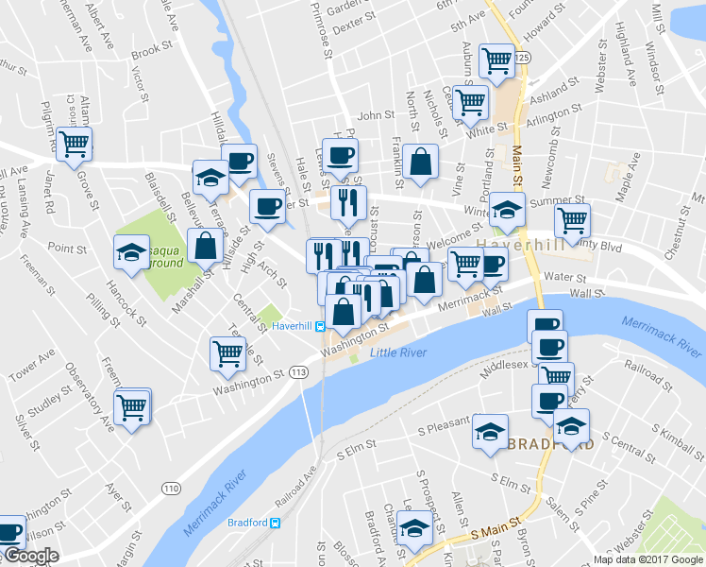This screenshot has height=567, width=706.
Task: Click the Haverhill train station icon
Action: pyautogui.click(x=321, y=326)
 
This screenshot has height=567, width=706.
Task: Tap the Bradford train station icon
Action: pyautogui.click(x=276, y=523)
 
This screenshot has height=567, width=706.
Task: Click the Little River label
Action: pyautogui.click(x=398, y=353)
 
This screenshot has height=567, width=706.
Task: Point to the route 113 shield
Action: pyautogui.click(x=299, y=373)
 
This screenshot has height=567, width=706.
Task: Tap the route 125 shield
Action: pyautogui.click(x=523, y=59)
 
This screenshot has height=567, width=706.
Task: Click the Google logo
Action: pyautogui.click(x=30, y=556)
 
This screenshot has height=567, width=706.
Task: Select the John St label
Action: pyautogui.click(x=376, y=115)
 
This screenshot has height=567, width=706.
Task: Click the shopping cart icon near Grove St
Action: pyautogui.click(x=73, y=144)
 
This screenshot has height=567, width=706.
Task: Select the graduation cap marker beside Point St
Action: pyautogui.click(x=131, y=250)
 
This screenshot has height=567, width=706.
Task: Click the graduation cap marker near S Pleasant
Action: pyautogui.click(x=489, y=431)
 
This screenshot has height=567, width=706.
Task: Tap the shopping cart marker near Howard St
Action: pyautogui.click(x=496, y=60)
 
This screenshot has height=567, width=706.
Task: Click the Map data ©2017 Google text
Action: pyautogui.click(x=648, y=558)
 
